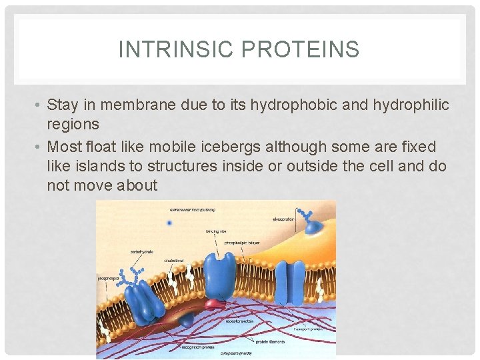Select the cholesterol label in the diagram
(x=174, y=261)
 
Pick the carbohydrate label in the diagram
(x=141, y=253)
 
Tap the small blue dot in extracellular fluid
(x=170, y=223)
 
